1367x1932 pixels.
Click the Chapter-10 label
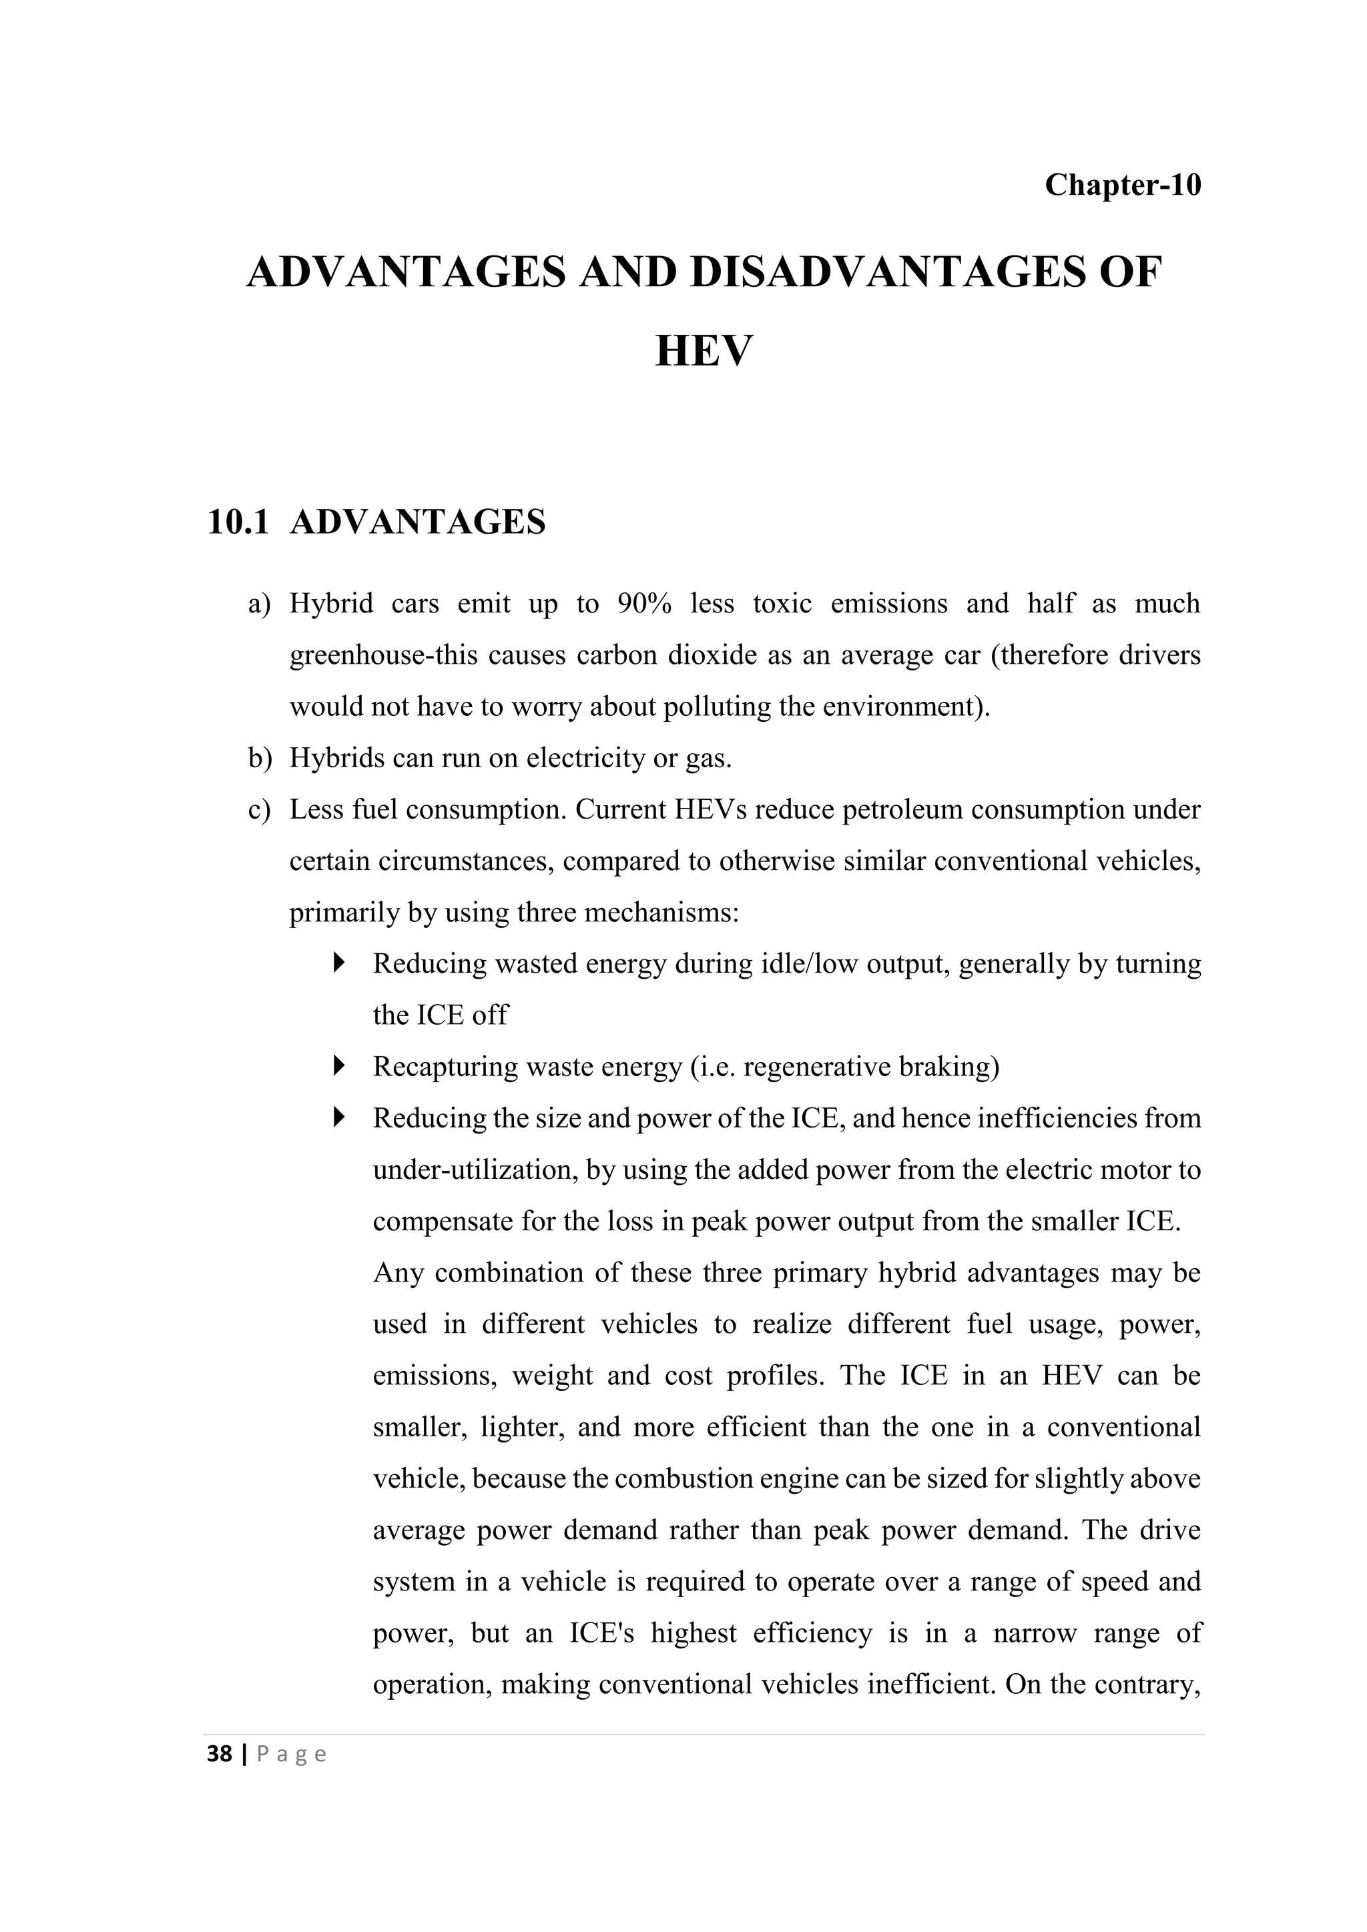click(x=1122, y=184)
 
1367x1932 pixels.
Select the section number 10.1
click(x=238, y=522)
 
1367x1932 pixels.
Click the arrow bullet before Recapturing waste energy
click(x=339, y=1066)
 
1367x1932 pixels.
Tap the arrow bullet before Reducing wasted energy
click(x=339, y=963)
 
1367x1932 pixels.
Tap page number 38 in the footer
click(x=219, y=1755)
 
